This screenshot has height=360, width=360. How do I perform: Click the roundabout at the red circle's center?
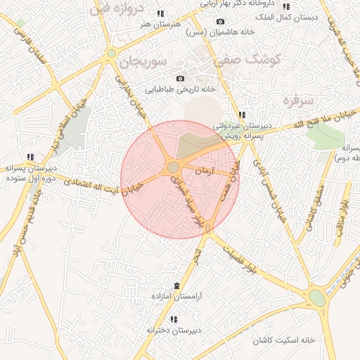click(x=173, y=167)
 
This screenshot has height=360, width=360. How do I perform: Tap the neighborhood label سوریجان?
click(x=142, y=62)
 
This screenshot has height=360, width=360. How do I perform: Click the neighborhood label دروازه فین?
click(x=119, y=10)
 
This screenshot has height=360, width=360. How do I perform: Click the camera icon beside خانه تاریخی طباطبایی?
click(x=180, y=78)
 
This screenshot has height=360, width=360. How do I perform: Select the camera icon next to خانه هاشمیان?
click(x=220, y=22)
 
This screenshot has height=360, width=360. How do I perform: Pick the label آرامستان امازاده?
click(x=176, y=297)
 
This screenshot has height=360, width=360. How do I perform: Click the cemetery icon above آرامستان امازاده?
click(x=176, y=285)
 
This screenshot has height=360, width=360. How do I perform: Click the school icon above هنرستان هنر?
click(x=160, y=13)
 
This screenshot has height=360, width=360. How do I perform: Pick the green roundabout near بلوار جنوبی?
click(x=317, y=297)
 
